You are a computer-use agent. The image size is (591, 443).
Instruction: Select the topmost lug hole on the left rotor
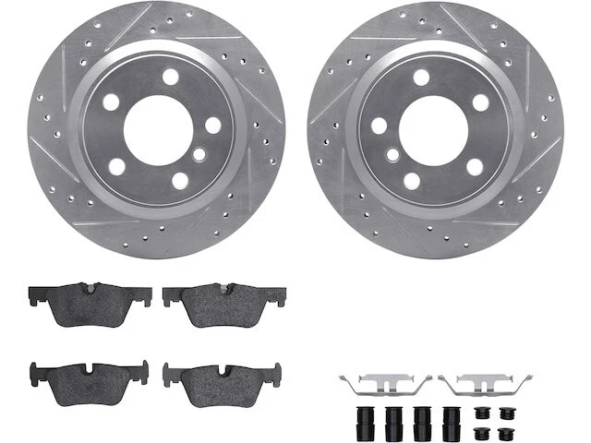(170, 77)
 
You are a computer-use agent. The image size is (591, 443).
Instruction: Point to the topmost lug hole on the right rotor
(421, 77)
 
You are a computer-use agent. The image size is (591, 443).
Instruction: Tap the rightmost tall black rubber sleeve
(452, 420)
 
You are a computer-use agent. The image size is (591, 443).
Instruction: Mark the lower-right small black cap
(506, 432)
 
